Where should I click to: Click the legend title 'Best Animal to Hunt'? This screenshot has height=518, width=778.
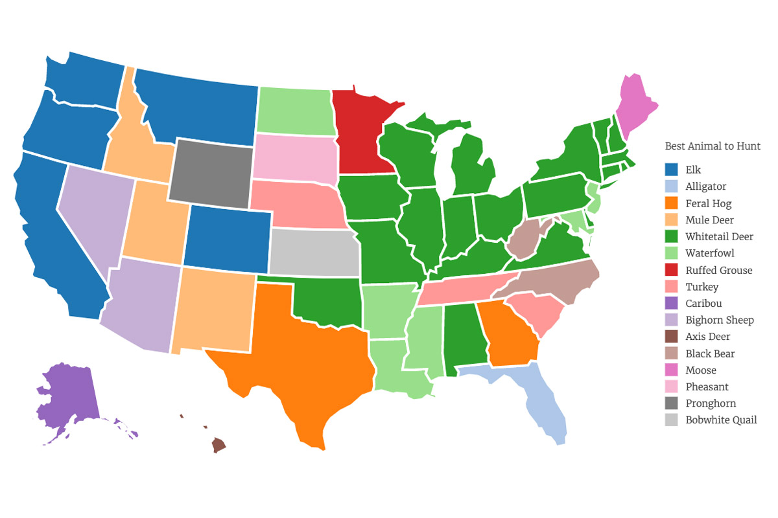[x=713, y=146]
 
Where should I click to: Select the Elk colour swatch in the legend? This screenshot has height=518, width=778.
[x=672, y=170]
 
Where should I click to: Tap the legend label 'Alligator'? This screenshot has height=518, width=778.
[x=706, y=186]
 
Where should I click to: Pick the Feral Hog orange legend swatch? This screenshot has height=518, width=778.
[x=672, y=203]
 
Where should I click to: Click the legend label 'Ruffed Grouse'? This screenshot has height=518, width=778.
[x=719, y=270]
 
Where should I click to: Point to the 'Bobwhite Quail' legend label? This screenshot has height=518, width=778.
[x=721, y=420]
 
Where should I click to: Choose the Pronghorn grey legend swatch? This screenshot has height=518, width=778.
[x=672, y=403]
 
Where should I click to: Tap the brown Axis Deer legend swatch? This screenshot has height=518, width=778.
[x=672, y=337]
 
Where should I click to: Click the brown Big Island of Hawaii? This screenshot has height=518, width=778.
[x=218, y=444]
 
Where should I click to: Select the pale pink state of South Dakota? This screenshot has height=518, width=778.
[x=293, y=157]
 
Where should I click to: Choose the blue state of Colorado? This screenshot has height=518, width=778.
[x=227, y=239]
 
